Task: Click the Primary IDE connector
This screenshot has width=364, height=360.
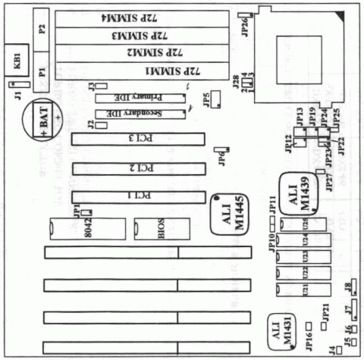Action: click(141, 98)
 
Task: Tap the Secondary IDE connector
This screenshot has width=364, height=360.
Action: click(141, 114)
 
